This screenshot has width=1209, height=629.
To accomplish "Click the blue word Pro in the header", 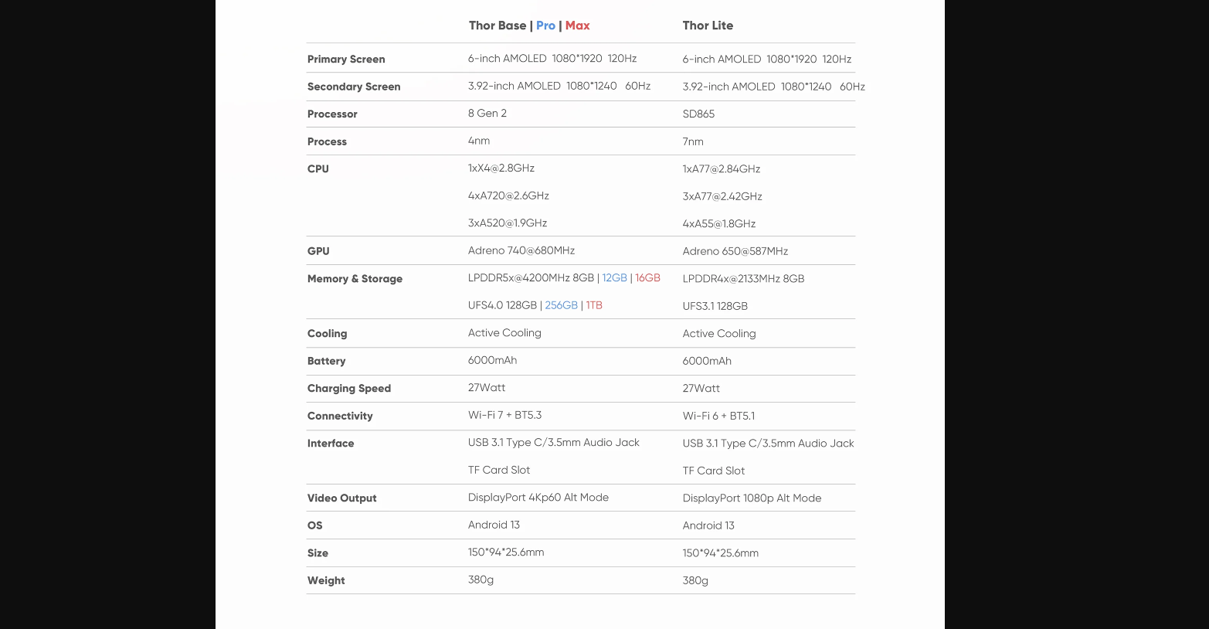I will [545, 25].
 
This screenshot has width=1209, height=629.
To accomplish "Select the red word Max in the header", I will [577, 25].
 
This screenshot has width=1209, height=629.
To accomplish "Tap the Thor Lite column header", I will [708, 25].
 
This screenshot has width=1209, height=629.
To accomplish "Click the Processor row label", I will [332, 114].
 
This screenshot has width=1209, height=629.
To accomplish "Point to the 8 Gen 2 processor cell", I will [487, 114].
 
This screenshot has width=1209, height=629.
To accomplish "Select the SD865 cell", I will [698, 114].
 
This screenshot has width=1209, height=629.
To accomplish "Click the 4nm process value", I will [479, 141].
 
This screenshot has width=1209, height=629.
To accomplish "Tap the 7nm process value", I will [693, 142].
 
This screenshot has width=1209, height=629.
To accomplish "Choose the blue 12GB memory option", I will [614, 278].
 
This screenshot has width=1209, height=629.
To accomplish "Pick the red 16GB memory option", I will [647, 278].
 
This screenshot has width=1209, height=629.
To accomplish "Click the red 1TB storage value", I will [594, 306].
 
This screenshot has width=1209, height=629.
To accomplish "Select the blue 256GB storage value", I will [561, 306].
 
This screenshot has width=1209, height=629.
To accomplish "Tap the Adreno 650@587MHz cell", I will [735, 252].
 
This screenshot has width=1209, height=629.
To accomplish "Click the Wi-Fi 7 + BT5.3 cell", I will [504, 416].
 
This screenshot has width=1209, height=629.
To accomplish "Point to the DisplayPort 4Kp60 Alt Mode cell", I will [538, 498].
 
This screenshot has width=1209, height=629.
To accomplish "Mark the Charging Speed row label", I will [349, 389].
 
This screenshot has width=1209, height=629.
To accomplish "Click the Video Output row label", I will [341, 498].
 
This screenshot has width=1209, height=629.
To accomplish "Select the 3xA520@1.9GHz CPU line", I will [507, 223].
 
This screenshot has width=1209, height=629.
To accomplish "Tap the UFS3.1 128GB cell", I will [715, 307].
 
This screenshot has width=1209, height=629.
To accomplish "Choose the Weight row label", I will [326, 581].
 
